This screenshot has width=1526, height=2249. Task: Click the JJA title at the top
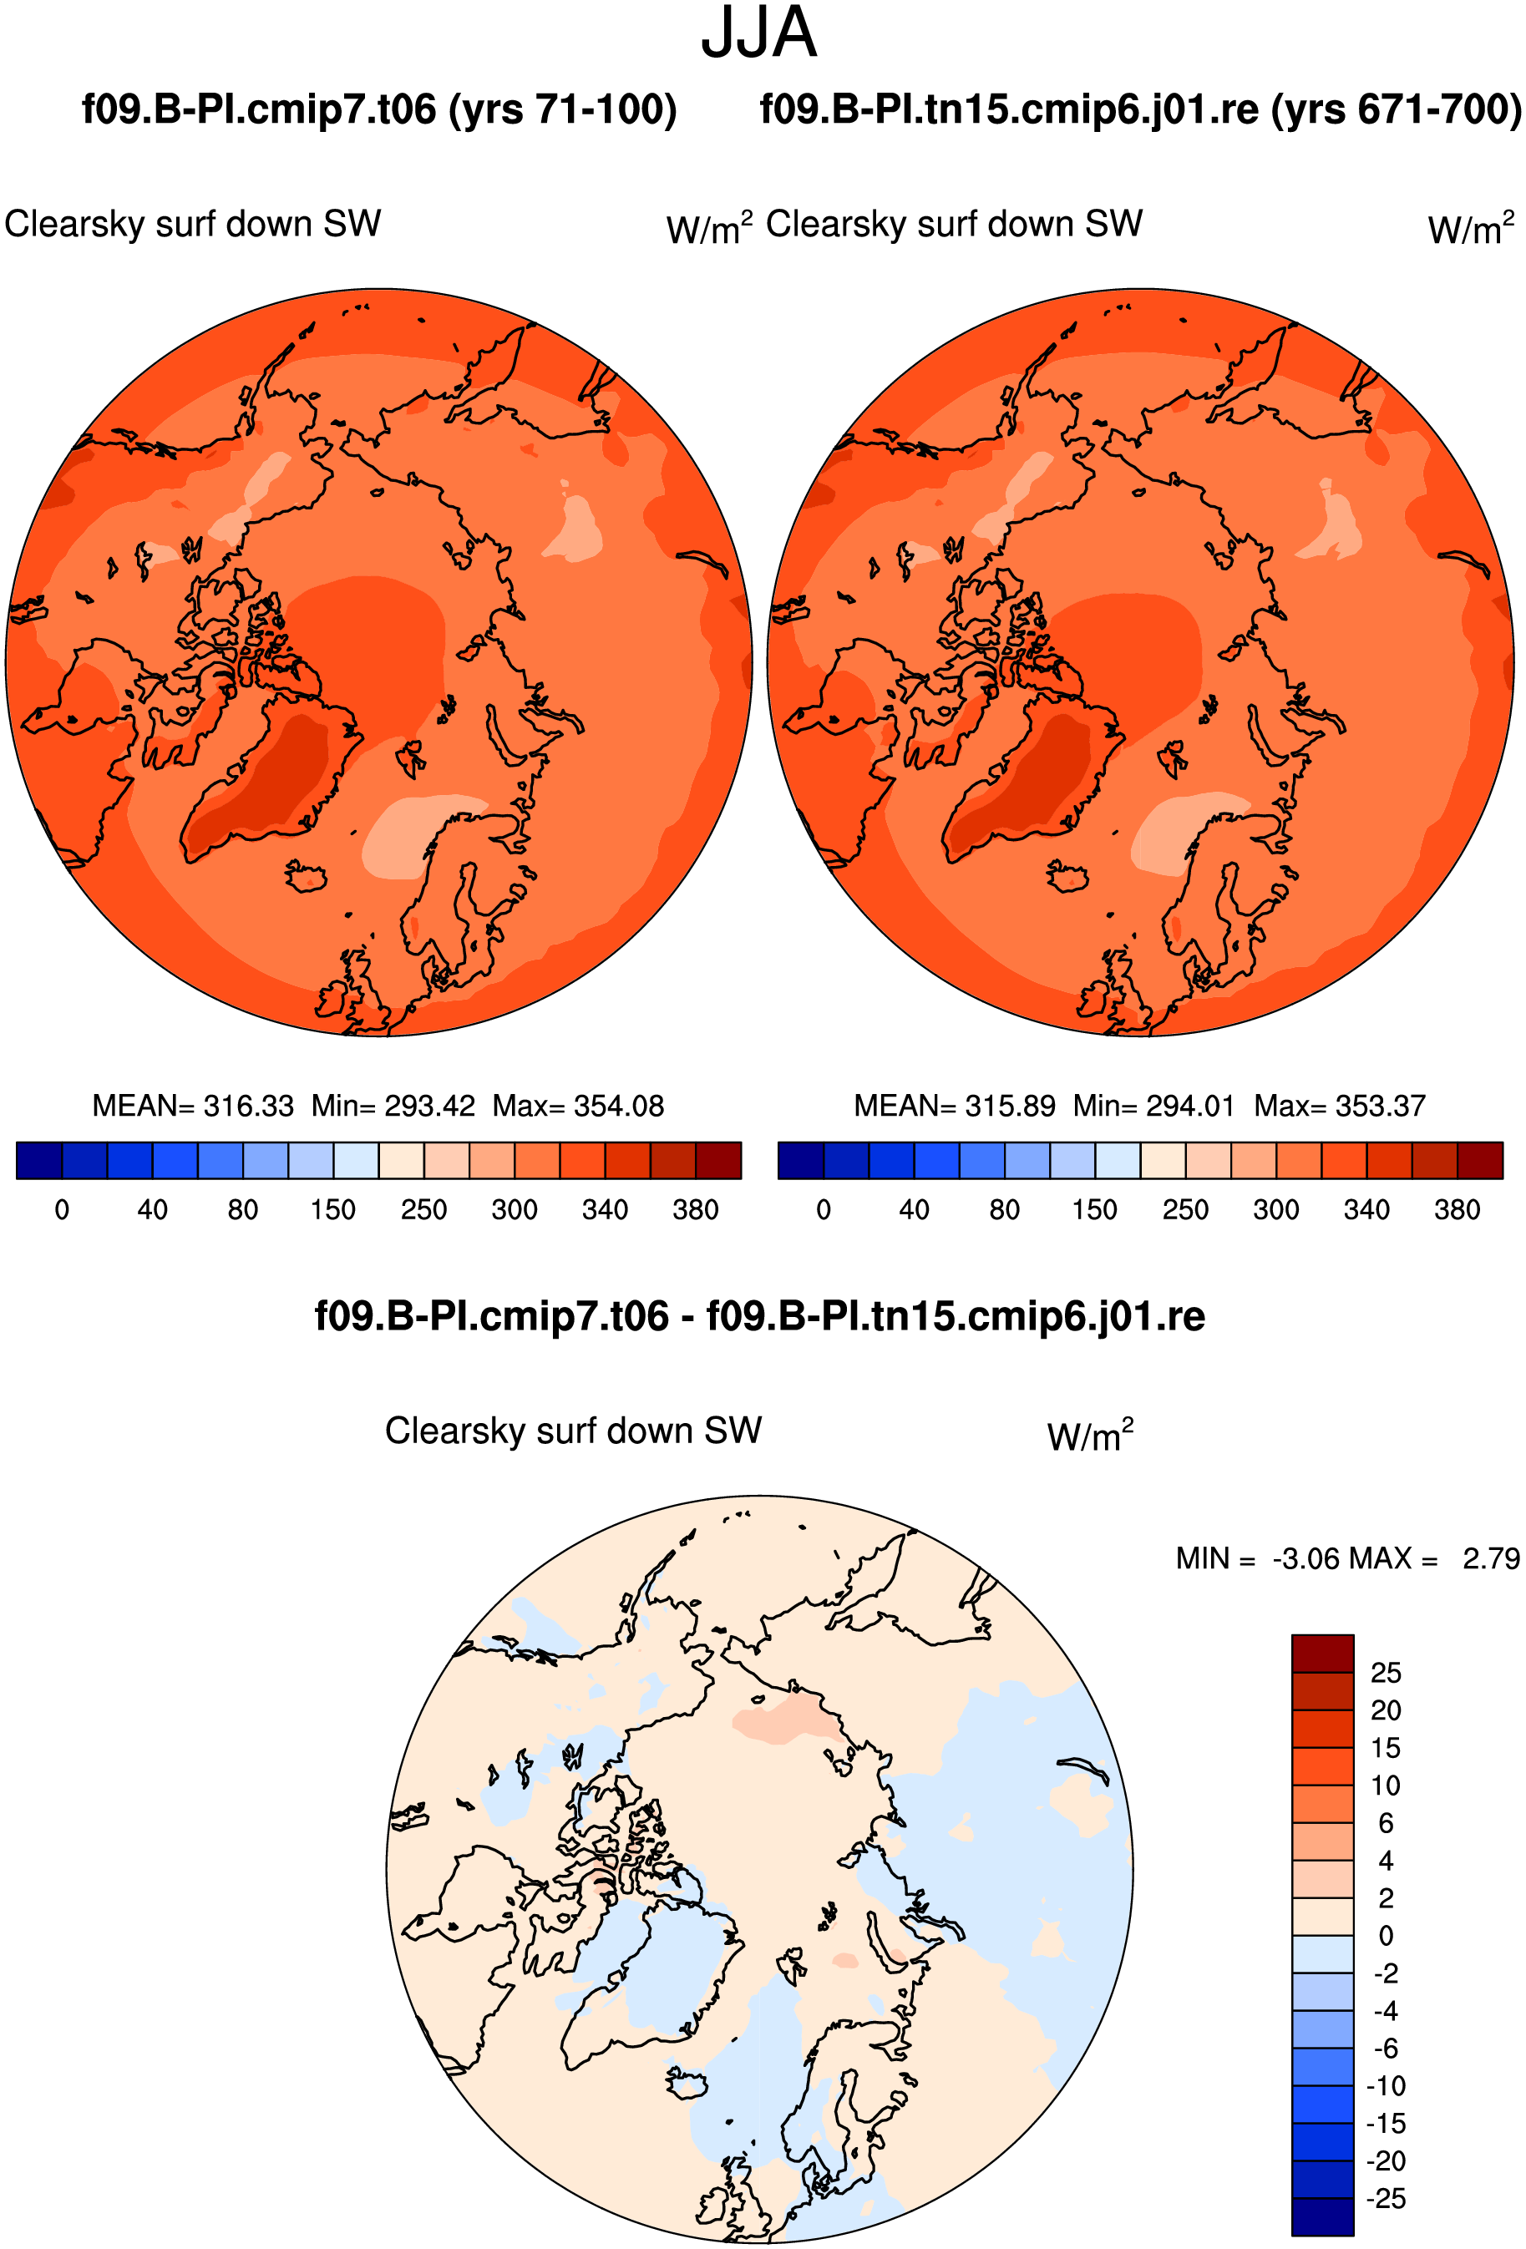point(758,33)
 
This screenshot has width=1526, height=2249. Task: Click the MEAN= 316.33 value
point(193,1105)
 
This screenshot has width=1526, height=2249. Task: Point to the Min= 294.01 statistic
point(1154,1105)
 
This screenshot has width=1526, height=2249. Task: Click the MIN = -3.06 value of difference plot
point(1258,1558)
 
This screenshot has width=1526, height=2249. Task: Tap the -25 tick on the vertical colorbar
point(1386,2199)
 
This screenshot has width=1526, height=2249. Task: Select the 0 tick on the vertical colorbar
point(1386,1936)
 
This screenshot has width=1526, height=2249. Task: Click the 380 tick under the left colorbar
point(696,1209)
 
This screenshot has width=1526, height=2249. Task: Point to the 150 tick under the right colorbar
point(1094,1209)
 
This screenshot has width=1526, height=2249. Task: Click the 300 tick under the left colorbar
point(514,1209)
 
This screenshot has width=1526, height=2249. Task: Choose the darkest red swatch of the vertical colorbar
point(1322,1654)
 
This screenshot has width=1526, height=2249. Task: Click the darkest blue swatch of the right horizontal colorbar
point(800,1160)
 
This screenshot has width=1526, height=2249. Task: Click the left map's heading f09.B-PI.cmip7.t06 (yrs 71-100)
point(379,109)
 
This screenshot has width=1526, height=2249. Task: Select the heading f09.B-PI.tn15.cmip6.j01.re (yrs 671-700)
point(1141,109)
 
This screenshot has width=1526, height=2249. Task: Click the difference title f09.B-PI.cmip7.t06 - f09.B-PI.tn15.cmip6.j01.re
point(759,1316)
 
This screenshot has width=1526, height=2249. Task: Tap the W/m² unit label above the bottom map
point(1090,1433)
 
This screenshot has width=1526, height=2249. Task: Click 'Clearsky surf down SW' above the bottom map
point(573,1431)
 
